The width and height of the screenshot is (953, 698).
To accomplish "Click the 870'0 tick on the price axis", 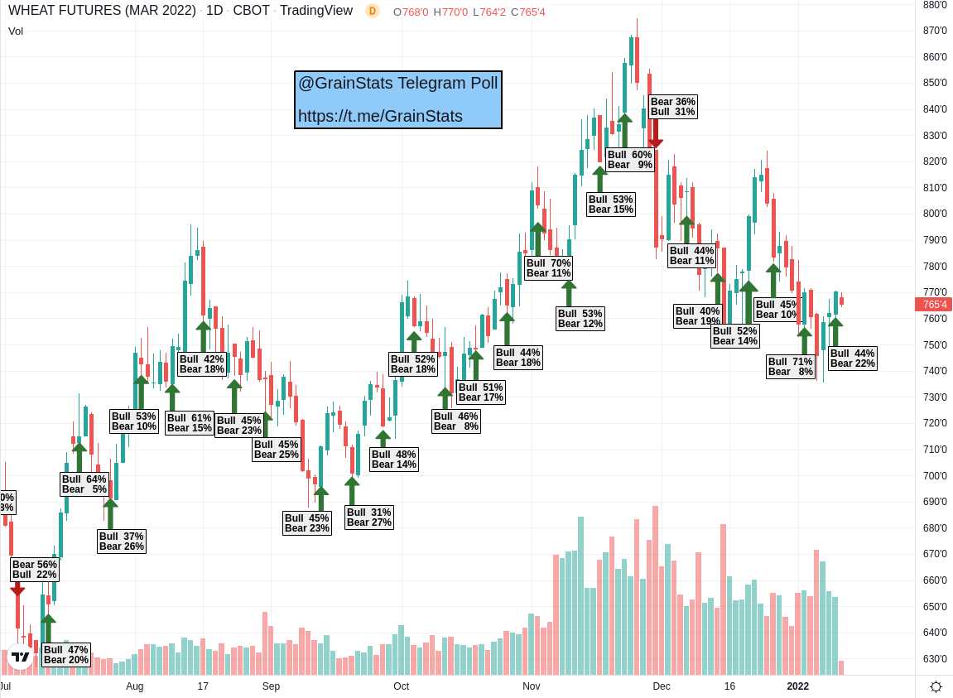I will (935, 31).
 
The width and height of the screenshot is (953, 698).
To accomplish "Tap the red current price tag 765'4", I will (933, 304).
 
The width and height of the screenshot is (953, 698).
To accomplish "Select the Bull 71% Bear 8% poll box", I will (791, 367).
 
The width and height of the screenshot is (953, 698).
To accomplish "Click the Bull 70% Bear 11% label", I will (548, 268).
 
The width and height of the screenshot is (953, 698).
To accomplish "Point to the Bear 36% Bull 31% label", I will (672, 107).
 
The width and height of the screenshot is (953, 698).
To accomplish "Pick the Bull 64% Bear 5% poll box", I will (84, 484).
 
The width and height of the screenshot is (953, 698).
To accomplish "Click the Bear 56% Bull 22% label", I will (35, 570).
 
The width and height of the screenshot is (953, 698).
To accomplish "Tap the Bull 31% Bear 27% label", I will (369, 517).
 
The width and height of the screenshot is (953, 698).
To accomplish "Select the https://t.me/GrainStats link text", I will (380, 116).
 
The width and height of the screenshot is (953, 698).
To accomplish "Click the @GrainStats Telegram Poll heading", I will (398, 83).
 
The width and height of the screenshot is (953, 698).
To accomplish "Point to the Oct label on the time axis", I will (402, 686).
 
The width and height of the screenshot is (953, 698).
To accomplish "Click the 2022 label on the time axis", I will (797, 686).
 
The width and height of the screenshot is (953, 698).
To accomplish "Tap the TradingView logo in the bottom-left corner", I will (20, 656).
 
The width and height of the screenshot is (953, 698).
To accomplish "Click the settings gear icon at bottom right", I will (936, 686).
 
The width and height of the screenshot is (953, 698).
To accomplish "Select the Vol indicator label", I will (16, 31).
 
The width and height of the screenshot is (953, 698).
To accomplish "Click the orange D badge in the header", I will (373, 11).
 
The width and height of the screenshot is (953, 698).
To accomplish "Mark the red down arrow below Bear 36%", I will (655, 134).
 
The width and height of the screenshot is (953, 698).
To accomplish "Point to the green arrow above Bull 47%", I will (48, 628).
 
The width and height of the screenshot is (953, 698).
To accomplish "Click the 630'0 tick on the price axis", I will (935, 659).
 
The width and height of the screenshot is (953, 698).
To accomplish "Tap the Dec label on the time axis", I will (661, 686).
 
